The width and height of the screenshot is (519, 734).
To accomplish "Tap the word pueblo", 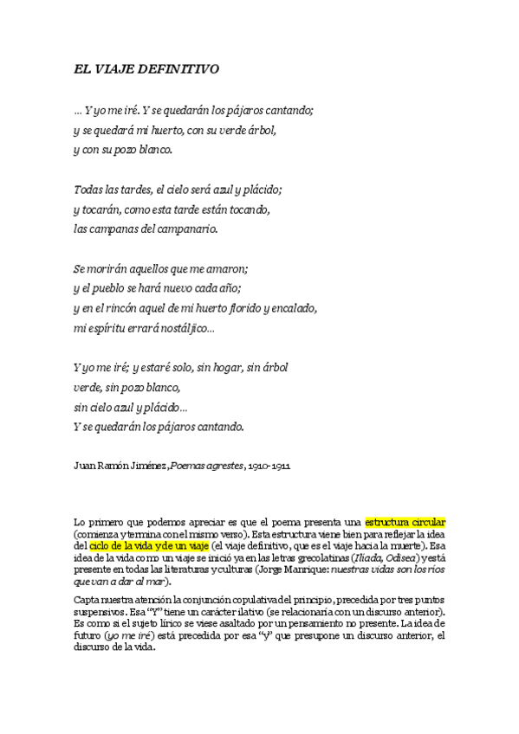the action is pyautogui.click(x=109, y=288).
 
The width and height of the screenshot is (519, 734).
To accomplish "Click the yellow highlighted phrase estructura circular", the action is pyautogui.click(x=405, y=523).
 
